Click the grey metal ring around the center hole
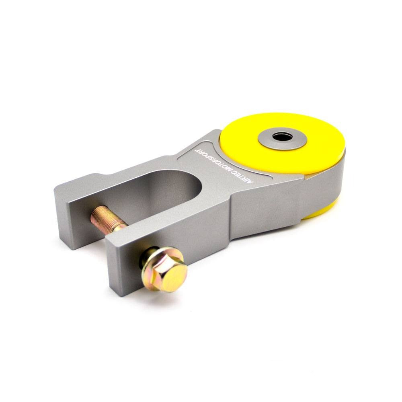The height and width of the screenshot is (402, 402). coord(293,141)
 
